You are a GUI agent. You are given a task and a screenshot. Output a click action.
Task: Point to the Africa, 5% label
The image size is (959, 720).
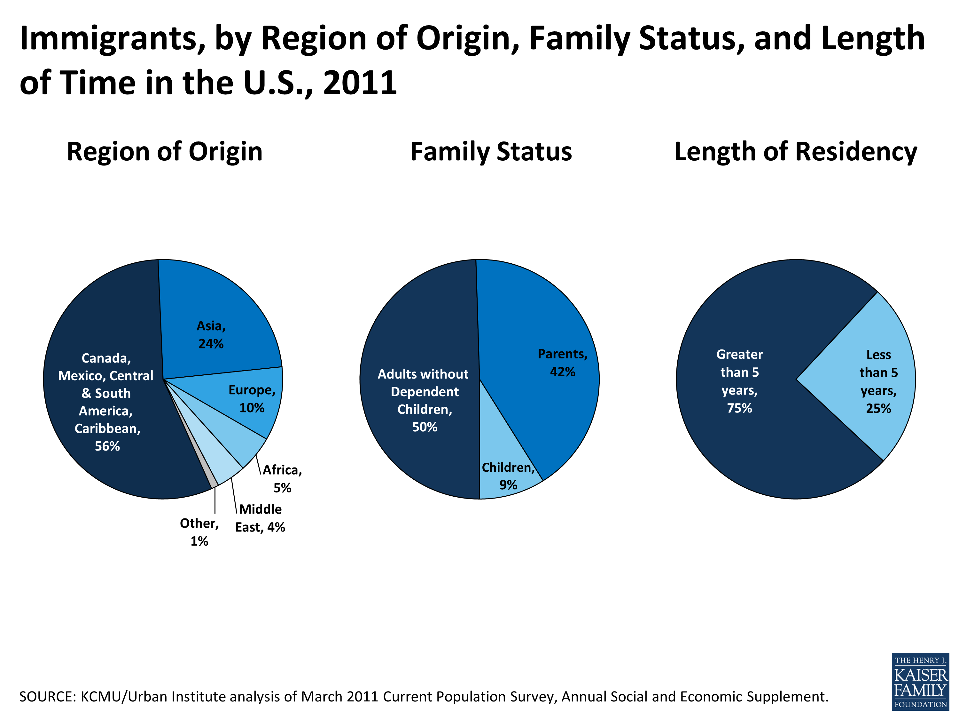282,478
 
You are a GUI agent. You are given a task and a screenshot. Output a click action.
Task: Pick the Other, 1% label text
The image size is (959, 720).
199,532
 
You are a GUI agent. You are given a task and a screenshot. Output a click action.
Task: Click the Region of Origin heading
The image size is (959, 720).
164,152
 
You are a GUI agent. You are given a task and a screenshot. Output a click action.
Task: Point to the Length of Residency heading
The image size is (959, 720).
796,152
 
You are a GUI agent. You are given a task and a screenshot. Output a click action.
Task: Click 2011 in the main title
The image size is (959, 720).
360,83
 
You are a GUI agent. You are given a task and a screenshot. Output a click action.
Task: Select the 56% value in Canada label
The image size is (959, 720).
107,446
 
